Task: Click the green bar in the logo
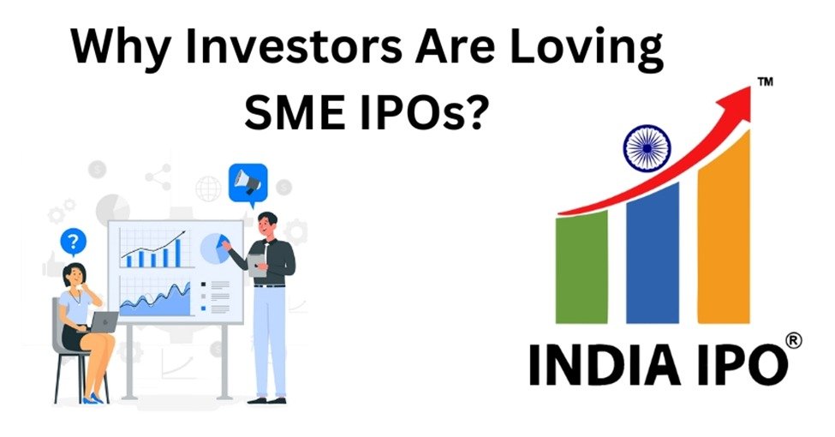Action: click(582, 266)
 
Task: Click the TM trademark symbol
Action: click(765, 81)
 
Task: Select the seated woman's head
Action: click(75, 273)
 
